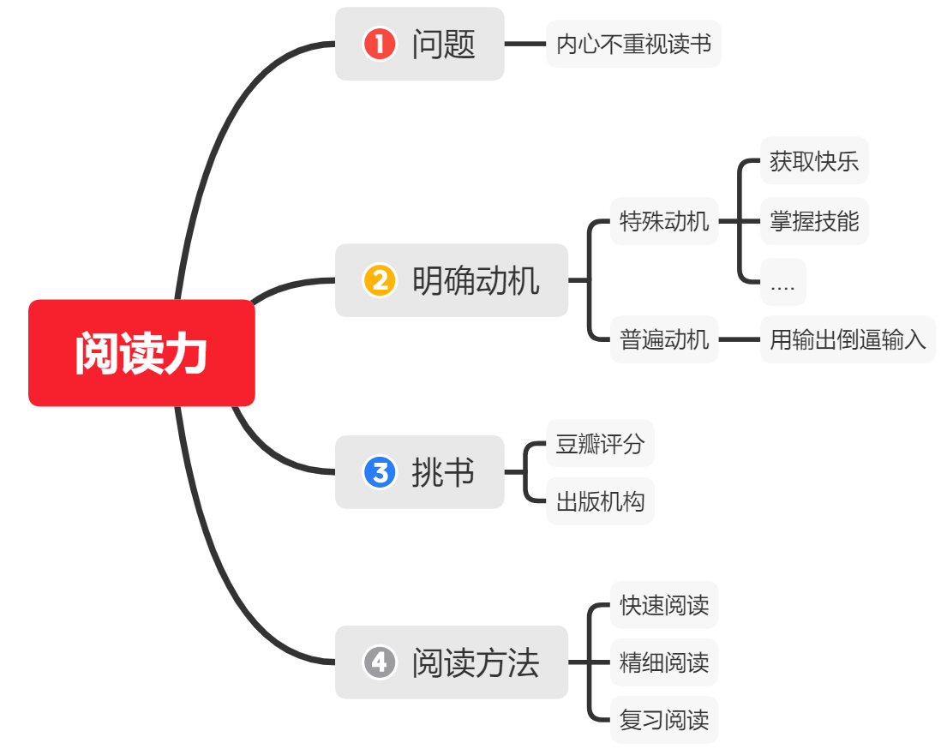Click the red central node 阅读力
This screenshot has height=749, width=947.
141,353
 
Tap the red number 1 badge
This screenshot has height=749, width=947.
380,44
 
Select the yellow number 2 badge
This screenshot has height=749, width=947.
380,280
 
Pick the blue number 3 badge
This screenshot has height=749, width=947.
380,472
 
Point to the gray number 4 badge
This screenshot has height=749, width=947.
380,662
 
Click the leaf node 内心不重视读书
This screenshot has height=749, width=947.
633,44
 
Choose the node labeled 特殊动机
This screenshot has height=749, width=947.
664,222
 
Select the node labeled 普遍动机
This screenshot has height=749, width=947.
664,339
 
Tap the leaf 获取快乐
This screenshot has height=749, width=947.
814,161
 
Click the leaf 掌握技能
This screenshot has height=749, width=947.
814,222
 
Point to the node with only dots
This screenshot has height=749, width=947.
782,283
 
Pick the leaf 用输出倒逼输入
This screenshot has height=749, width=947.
848,339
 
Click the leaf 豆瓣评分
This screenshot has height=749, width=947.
600,444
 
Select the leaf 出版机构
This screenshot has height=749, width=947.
600,500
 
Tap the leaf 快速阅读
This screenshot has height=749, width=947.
664,605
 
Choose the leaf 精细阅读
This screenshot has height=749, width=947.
664,662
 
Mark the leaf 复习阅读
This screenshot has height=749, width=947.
664,719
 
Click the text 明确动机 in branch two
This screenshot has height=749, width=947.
476,280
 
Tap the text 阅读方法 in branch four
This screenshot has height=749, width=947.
476,662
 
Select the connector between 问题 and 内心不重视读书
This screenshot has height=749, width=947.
525,44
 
